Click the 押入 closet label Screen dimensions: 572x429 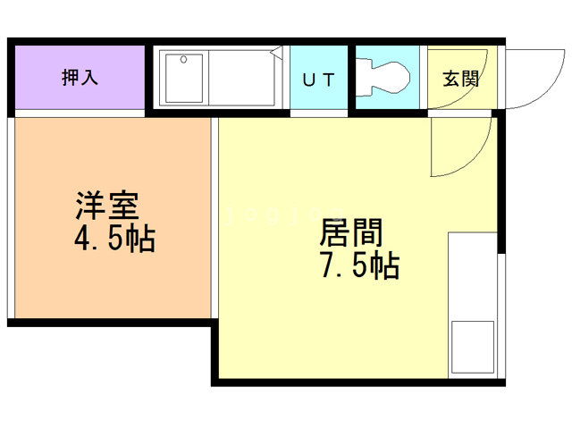pyautogui.click(x=80, y=78)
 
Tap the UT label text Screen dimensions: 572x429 pyautogui.click(x=318, y=80)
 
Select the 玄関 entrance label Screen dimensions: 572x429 pyautogui.click(x=461, y=79)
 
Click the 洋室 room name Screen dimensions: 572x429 pyautogui.click(x=107, y=205)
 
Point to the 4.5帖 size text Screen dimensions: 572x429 pyautogui.click(x=115, y=238)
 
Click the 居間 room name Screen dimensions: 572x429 pyautogui.click(x=351, y=232)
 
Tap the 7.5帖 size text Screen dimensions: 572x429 pyautogui.click(x=359, y=265)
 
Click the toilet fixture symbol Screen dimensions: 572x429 pyautogui.click(x=383, y=78)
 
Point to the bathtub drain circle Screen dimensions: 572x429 pyautogui.click(x=183, y=60)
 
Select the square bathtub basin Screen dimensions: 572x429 pyautogui.click(x=184, y=79)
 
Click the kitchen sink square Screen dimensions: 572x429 pyautogui.click(x=473, y=347)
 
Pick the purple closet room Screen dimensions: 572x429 pyautogui.click(x=80, y=77)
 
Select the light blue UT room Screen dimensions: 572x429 pyautogui.click(x=318, y=77)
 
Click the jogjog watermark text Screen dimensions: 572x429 pyautogui.click(x=284, y=214)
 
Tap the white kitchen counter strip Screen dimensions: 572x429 pyautogui.click(x=473, y=305)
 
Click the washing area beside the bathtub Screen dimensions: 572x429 pyautogui.click(x=241, y=78)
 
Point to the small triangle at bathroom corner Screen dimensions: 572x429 pyautogui.click(x=276, y=52)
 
